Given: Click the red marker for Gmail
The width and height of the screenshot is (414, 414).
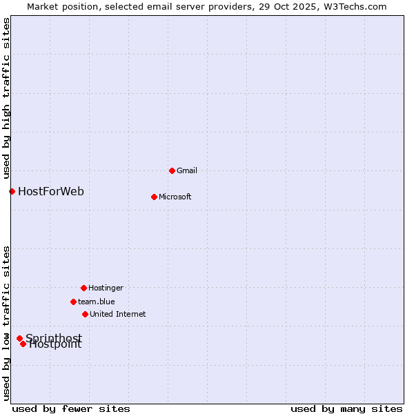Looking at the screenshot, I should (172, 170).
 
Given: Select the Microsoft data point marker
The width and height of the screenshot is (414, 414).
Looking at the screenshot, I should (154, 197).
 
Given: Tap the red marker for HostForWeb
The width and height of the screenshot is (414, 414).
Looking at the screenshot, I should (12, 191).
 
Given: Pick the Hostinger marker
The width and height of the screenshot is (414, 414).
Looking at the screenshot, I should (83, 288).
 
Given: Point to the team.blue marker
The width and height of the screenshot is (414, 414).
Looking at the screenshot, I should (73, 302).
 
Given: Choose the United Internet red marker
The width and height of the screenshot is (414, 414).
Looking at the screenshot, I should (85, 314).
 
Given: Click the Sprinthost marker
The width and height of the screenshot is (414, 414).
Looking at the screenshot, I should (19, 338).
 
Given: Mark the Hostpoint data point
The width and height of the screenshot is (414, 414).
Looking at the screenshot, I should (23, 344).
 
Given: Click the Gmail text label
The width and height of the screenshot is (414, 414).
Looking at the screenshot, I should (187, 170).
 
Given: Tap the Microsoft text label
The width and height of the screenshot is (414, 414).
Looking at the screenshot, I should (175, 197).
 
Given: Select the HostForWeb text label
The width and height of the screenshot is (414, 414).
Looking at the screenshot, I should (51, 191).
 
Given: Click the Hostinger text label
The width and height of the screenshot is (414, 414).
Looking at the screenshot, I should (106, 288).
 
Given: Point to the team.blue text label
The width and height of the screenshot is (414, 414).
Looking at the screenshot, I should (97, 302).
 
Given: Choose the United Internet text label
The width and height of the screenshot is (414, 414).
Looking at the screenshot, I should (118, 314).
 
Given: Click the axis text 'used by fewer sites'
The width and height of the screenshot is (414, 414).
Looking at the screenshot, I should (71, 408).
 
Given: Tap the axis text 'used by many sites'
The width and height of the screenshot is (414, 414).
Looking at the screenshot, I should (346, 408).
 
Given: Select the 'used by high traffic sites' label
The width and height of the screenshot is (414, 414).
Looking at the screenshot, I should (6, 99).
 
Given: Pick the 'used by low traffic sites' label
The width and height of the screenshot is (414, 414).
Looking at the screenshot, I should (6, 323).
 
